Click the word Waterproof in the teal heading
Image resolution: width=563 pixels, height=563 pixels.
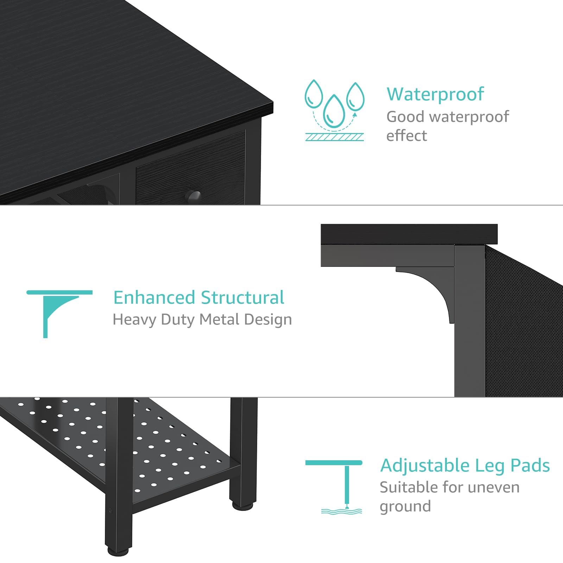point(435,94)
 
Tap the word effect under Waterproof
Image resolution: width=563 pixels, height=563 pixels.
point(406,136)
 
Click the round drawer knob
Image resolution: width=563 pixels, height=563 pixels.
point(193,196)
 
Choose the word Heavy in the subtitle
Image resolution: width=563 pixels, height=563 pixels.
point(134,320)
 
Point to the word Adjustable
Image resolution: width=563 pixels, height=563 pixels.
point(425,466)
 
